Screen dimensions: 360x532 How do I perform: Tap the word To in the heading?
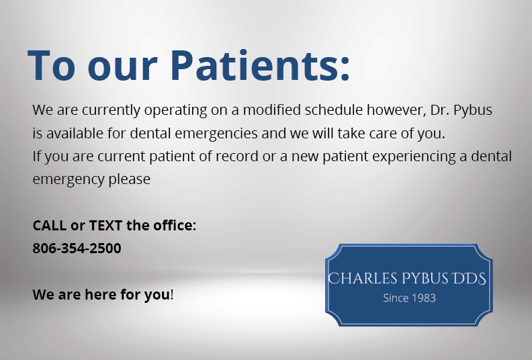point(52,64)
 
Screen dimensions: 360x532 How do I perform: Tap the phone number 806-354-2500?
point(77,249)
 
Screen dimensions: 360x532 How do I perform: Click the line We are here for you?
point(103,294)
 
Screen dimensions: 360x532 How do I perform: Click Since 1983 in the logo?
point(409,298)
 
